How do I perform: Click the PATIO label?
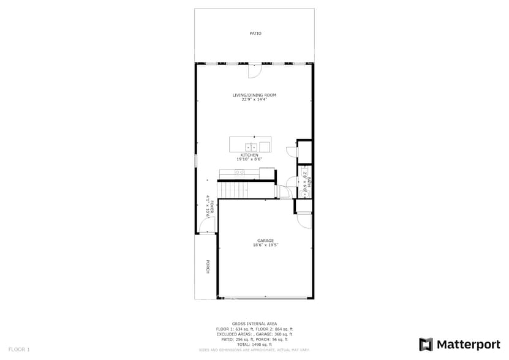pyautogui.click(x=255, y=34)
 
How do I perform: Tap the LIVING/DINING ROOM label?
pyautogui.click(x=254, y=95)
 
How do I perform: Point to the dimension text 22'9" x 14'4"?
pyautogui.click(x=254, y=100)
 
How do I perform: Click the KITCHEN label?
pyautogui.click(x=249, y=155)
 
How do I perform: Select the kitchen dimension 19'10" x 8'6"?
pyautogui.click(x=249, y=159)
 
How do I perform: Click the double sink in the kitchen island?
pyautogui.click(x=251, y=147)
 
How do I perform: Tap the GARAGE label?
pyautogui.click(x=265, y=241)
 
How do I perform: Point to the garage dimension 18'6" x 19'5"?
pyautogui.click(x=265, y=246)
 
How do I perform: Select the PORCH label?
pyautogui.click(x=208, y=267)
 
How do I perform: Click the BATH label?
pyautogui.click(x=309, y=182)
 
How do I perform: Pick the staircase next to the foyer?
pyautogui.click(x=233, y=190)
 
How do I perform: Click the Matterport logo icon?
pyautogui.click(x=426, y=344)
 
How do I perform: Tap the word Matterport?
pyautogui.click(x=469, y=344)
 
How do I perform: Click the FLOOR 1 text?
pyautogui.click(x=19, y=350)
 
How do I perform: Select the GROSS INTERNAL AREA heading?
pyautogui.click(x=254, y=323)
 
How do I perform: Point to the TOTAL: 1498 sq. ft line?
pyautogui.click(x=254, y=345)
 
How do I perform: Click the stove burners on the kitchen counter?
pyautogui.click(x=240, y=173)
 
